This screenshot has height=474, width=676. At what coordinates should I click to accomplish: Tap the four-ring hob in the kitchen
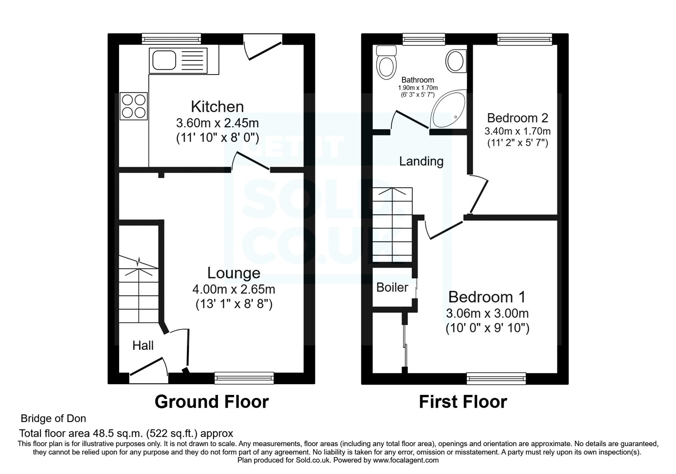coord(134,106)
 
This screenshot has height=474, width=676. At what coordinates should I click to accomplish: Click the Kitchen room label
coord(217,106)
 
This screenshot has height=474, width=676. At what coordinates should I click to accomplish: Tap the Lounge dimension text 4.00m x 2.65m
coord(234,289)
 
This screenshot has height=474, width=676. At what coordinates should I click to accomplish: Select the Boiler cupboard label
coord(392,287)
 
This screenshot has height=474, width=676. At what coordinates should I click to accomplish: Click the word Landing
coord(421,161)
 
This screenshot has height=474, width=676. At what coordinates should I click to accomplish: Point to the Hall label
coord(143,346)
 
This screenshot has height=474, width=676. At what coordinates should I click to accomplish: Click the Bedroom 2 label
coord(517,118)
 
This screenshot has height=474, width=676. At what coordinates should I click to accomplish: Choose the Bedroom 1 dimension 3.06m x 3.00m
coord(487,314)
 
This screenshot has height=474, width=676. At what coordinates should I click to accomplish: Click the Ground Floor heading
coord(211,402)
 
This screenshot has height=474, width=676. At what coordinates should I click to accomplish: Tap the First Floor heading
coord(463,402)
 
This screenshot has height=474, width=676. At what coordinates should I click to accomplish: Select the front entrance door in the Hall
coord(148,368)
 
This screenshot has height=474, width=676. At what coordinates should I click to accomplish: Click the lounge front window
coord(244,378)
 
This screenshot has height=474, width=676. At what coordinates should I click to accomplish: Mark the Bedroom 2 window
coord(525,40)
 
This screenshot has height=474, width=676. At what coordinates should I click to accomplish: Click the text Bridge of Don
coord(53,419)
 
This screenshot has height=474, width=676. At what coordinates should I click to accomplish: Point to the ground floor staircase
coord(139,288)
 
